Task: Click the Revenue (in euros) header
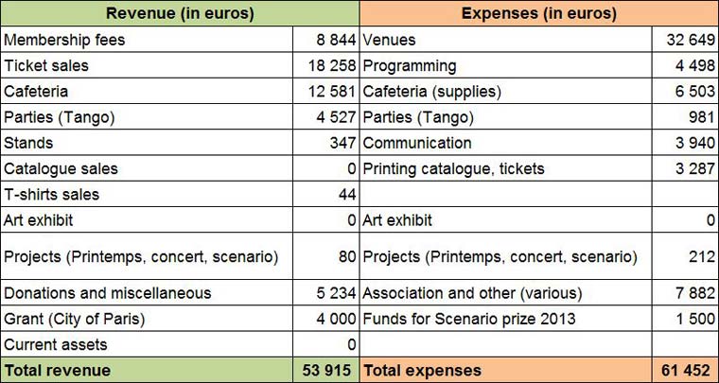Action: pyautogui.click(x=180, y=14)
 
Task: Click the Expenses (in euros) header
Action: pyautogui.click(x=538, y=14)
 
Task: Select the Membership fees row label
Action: pyautogui.click(x=64, y=41)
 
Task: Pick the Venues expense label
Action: pyautogui.click(x=389, y=41)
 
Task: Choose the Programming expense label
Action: pyautogui.click(x=409, y=66)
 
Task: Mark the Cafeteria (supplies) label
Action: pyautogui.click(x=432, y=92)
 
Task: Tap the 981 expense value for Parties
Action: pyautogui.click(x=701, y=117)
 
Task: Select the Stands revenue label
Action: pyautogui.click(x=28, y=143)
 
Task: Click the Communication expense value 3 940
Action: pyautogui.click(x=693, y=143)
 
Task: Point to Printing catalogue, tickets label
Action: pyautogui.click(x=453, y=168)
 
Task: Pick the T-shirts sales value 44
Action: pyautogui.click(x=345, y=194)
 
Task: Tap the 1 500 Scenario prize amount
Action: pyautogui.click(x=693, y=319)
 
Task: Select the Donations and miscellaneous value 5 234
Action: pyautogui.click(x=332, y=293)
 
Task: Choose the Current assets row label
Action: pyautogui.click(x=56, y=344)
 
